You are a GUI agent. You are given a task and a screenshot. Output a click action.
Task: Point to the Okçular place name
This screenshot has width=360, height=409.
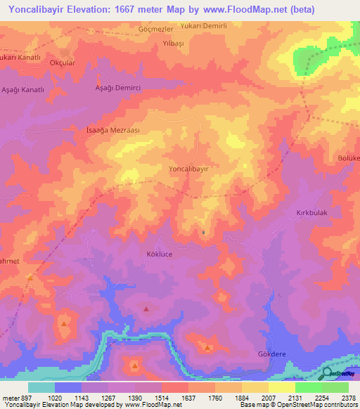pyautogui.click(x=60, y=62)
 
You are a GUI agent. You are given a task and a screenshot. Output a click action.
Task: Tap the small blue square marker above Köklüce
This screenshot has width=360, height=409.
pyautogui.click(x=203, y=233)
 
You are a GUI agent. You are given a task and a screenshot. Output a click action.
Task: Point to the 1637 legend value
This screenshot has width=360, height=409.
pyautogui.click(x=188, y=397)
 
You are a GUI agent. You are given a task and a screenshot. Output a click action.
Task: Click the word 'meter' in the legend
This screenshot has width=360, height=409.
pyautogui.click(x=11, y=397)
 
